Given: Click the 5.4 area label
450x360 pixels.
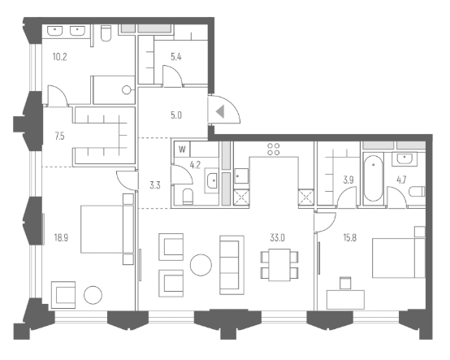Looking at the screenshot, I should tap(175, 57).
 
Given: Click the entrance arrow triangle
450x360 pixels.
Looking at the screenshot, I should tap(219, 111).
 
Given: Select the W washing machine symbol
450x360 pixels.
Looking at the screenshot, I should tap(182, 150).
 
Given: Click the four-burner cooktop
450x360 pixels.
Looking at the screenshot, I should tap(274, 150).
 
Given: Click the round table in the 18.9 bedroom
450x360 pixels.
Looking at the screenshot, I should tap(93, 295).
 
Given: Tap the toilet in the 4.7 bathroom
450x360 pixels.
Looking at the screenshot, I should tap(417, 192).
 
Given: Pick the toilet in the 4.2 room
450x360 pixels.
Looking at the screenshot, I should tap(186, 196).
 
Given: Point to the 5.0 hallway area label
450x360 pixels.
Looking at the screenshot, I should tap(175, 115).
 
